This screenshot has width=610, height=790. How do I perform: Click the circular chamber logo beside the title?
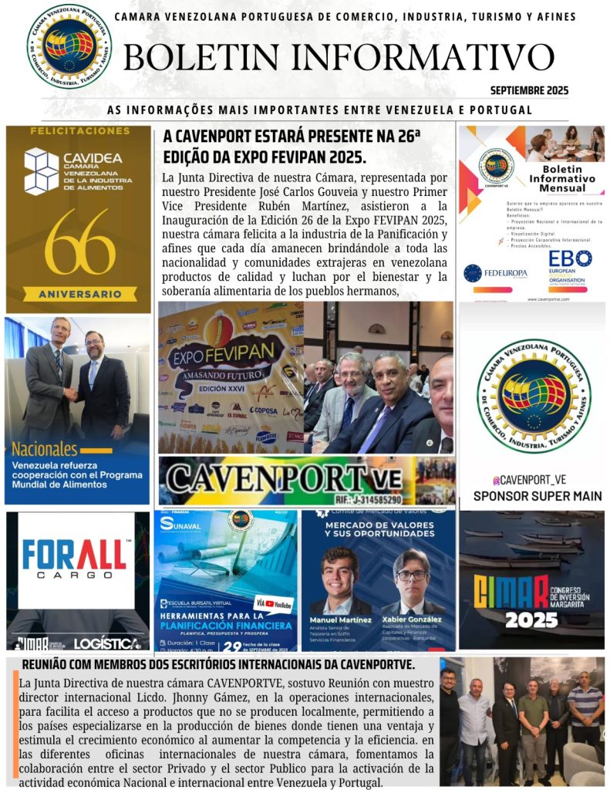(x=69, y=46)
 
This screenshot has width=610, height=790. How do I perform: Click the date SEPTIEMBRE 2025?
(x=529, y=90)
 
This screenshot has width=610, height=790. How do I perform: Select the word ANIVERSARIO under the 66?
(x=79, y=294)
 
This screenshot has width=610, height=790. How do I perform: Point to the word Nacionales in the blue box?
(x=45, y=449)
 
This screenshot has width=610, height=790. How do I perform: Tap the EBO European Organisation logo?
(x=570, y=266)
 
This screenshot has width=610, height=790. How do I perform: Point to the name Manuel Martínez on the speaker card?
(x=339, y=620)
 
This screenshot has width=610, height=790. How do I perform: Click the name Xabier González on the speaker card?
(x=410, y=619)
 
